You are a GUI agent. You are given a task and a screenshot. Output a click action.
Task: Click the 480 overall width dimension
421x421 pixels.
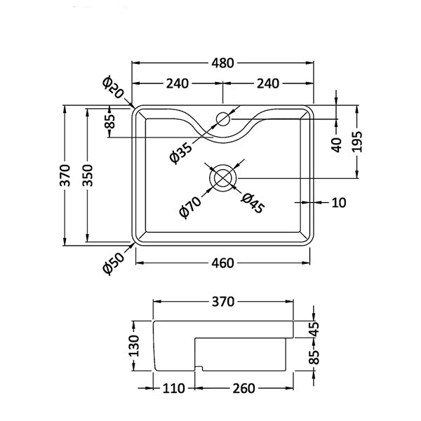(222, 63)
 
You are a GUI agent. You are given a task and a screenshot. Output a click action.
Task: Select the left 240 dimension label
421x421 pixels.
(178, 83)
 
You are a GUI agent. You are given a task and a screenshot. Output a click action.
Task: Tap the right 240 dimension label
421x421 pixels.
(268, 83)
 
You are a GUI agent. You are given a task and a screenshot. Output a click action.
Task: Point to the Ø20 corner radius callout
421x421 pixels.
(113, 87)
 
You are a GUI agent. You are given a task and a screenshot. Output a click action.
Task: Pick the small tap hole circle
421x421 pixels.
(223, 119)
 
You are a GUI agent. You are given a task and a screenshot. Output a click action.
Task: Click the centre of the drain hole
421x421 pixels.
(222, 178)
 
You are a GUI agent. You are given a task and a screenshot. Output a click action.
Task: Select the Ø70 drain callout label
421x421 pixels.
(190, 208)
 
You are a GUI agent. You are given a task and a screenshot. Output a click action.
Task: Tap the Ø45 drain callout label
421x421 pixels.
(253, 203)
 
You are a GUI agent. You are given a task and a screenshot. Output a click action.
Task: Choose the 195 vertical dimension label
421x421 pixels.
(357, 142)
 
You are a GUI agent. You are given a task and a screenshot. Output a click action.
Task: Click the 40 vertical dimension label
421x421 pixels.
(337, 145)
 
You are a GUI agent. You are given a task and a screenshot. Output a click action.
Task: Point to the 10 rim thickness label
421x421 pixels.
(339, 203)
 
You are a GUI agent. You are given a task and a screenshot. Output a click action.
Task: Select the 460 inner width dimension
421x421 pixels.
(222, 263)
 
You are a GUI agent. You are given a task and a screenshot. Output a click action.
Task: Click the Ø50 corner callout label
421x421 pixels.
(114, 264)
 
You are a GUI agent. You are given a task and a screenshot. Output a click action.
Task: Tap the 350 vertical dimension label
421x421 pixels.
(88, 175)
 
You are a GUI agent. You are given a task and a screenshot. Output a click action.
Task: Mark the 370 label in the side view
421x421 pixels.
(223, 302)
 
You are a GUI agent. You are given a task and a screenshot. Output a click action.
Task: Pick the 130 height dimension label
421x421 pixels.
(134, 345)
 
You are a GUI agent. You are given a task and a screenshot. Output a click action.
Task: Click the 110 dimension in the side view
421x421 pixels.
(174, 388)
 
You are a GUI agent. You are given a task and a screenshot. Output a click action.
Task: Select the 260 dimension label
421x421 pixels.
(243, 388)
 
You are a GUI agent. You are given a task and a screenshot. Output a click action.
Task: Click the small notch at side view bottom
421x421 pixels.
(199, 368)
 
